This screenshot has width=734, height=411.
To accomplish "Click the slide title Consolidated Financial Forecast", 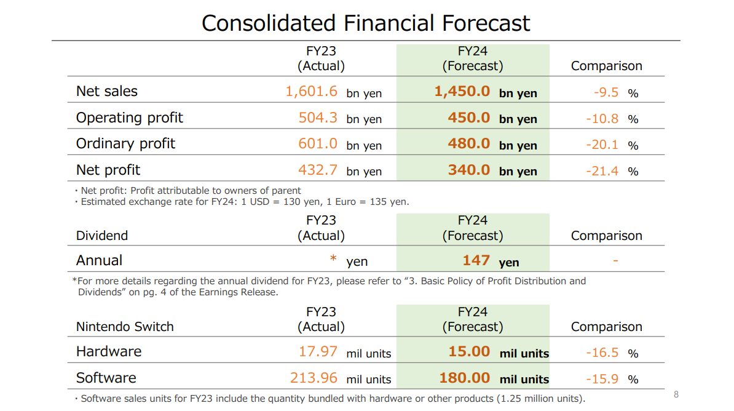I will [x=366, y=23].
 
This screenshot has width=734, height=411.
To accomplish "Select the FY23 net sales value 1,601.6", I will [x=311, y=92].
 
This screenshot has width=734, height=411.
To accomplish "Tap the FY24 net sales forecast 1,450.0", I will [x=462, y=92].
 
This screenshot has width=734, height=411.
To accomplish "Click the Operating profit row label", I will [x=129, y=118].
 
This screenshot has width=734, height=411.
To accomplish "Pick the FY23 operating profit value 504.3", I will [x=318, y=118].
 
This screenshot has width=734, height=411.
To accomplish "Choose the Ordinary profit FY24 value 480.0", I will [x=468, y=144].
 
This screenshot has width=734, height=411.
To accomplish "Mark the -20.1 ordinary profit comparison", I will [x=602, y=145].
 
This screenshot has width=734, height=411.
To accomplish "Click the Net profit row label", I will [x=108, y=170].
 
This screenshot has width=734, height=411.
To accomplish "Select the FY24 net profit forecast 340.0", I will [x=468, y=170].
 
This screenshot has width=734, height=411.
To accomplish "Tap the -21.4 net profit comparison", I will [x=602, y=171].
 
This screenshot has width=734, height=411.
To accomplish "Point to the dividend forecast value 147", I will [x=476, y=260].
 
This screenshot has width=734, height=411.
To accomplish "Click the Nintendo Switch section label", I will [x=125, y=327].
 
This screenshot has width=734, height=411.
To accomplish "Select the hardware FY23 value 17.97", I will [x=318, y=351].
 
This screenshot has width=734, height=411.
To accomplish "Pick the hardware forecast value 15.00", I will [x=468, y=352].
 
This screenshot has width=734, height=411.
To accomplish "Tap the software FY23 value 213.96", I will [x=314, y=378].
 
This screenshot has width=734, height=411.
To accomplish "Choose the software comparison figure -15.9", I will [x=602, y=379].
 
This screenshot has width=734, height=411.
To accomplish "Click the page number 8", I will [x=676, y=394].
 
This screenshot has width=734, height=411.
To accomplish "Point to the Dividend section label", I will [x=102, y=236].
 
